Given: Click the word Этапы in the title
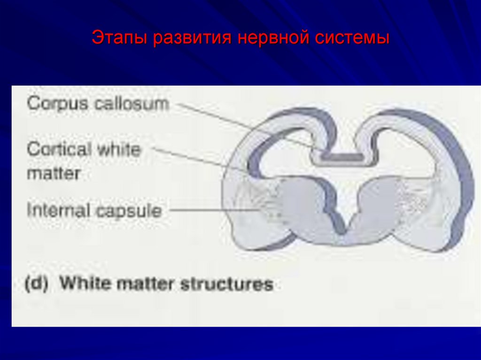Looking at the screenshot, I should click(119, 38).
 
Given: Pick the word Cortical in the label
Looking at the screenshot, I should click(59, 150).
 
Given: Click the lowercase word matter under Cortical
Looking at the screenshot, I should click(54, 173).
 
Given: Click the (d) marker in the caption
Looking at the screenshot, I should click(36, 284).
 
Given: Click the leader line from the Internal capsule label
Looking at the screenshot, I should click(211, 211).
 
